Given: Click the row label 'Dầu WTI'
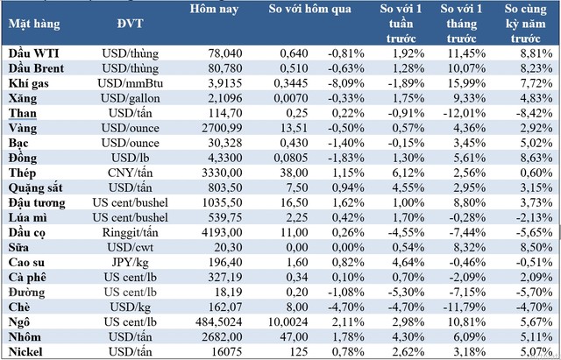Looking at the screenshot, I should tap(30, 53).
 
